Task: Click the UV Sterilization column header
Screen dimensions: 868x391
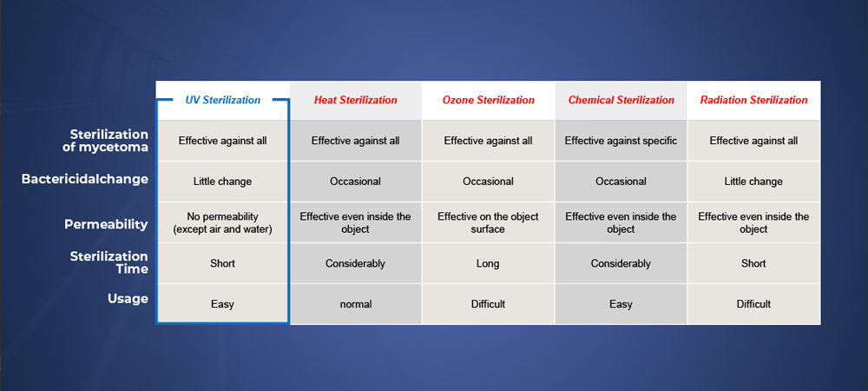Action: pos(222,100)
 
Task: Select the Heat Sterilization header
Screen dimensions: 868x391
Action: pos(355,100)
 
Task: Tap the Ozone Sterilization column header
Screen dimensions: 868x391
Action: pos(488,100)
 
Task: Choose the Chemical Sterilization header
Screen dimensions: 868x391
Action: pos(621,100)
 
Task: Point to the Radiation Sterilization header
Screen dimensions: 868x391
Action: pos(754,100)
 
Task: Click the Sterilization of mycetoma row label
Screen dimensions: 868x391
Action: pos(109,142)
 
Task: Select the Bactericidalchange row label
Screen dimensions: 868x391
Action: pos(85,180)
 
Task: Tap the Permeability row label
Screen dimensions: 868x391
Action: pos(106,224)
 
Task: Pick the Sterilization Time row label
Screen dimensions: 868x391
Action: pos(109,262)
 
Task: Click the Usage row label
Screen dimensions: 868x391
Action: pos(128,299)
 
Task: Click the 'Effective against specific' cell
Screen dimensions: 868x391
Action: pos(621,141)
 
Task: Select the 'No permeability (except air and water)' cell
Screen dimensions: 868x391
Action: pos(222,222)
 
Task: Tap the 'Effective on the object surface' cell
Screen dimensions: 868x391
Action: pos(488,222)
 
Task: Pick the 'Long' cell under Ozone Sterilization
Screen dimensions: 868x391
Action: pos(488,263)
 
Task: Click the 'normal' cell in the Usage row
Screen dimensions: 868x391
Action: pos(355,304)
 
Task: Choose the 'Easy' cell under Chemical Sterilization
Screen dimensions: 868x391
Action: pos(621,304)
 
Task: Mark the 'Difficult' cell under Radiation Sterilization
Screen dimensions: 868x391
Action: pos(754,304)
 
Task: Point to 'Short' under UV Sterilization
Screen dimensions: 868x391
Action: pos(222,263)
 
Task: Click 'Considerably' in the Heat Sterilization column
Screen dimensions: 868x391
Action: pos(355,263)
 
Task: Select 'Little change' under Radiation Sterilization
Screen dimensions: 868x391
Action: pos(754,182)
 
